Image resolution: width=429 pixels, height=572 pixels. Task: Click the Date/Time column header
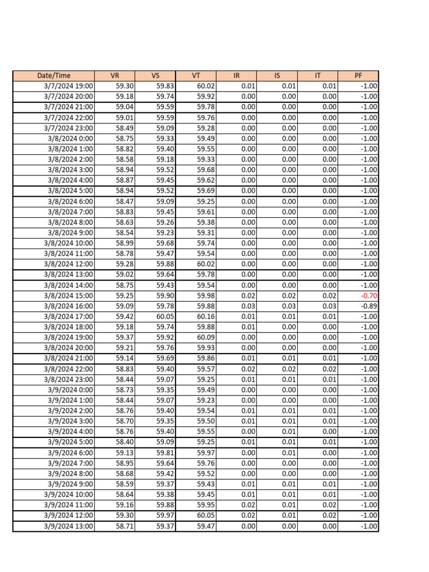(54, 75)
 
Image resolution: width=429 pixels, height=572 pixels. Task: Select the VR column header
(115, 75)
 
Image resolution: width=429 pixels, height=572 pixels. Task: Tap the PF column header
(358, 75)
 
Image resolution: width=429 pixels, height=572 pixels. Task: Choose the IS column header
(277, 75)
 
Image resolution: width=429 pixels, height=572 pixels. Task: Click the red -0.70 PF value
(369, 295)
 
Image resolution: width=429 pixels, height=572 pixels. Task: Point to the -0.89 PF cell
(369, 306)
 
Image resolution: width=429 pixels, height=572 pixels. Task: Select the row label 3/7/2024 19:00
(68, 86)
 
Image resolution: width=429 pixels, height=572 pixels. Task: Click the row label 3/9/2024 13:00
(68, 526)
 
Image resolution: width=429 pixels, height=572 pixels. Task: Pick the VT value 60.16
(206, 317)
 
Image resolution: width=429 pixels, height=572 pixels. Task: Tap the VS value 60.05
(165, 317)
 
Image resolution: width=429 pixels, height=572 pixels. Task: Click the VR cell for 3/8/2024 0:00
(125, 139)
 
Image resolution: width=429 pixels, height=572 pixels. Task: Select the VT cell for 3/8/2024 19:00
(206, 337)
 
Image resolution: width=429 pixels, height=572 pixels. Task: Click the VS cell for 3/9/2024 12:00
(165, 516)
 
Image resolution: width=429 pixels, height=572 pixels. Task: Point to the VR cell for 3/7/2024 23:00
(125, 128)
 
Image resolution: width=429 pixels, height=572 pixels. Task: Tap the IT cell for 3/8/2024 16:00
(329, 306)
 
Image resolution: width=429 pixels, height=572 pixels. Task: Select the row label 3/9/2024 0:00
(70, 390)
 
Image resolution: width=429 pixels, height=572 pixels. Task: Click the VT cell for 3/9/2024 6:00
(206, 453)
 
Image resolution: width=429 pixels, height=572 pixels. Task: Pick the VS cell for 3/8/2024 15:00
(165, 295)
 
